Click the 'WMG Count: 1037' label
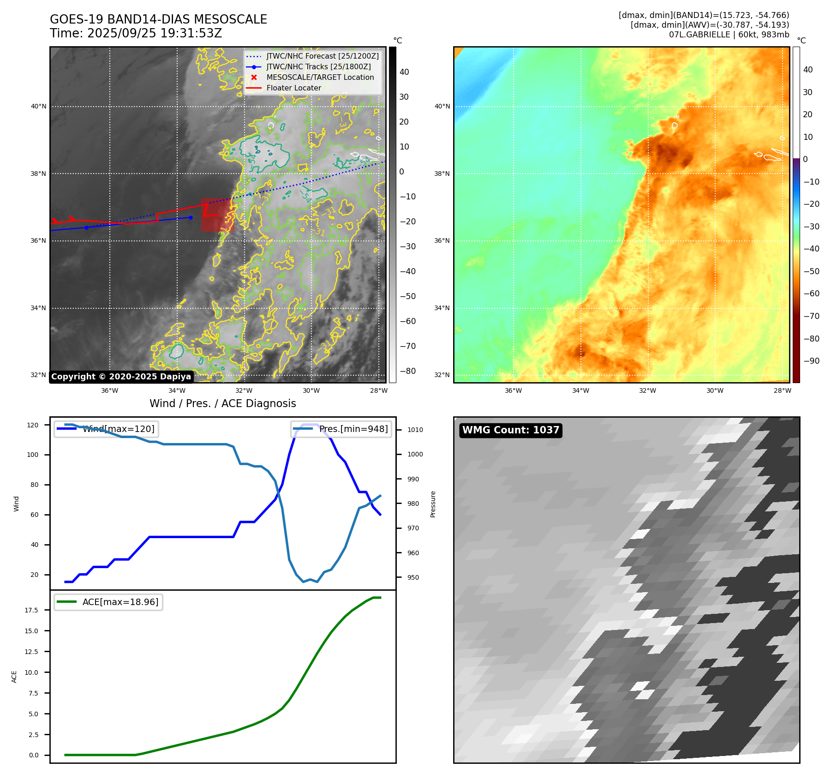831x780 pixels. pos(510,430)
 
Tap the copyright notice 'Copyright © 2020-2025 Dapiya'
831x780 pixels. pos(121,377)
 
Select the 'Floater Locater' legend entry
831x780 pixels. pos(293,88)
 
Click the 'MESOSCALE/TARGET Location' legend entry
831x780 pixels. pos(320,78)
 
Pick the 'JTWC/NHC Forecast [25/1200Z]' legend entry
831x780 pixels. pos(323,56)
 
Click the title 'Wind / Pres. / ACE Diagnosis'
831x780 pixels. pos(222,403)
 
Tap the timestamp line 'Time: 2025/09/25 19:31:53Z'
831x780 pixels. pos(136,34)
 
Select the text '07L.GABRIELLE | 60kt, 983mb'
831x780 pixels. pos(729,35)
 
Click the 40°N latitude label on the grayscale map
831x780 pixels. pos(39,107)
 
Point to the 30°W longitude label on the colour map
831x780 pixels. pos(715,390)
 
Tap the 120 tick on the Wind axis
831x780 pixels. pos(33,425)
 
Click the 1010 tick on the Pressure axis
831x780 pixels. pos(415,430)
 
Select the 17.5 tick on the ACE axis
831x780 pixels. pos(32,610)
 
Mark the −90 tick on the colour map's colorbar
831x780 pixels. pos(811,361)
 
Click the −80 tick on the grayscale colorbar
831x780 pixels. pos(407,371)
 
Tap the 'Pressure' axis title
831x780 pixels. pos(433,504)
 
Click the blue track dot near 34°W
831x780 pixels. pos(191,217)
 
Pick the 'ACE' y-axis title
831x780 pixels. pos(14,677)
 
